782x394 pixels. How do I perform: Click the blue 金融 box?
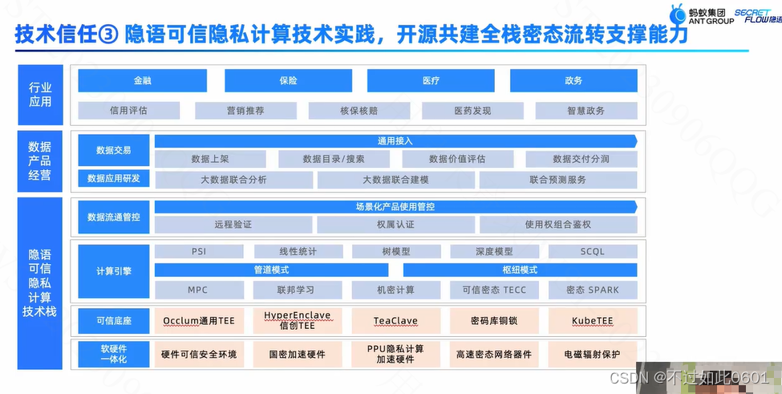(142, 81)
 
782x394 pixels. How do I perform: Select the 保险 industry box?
(288, 81)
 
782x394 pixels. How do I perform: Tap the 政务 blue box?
(573, 81)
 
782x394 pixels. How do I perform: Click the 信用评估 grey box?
(128, 111)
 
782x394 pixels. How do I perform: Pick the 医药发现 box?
(472, 111)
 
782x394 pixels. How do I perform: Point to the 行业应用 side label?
(40, 95)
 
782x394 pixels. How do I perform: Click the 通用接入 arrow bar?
(395, 140)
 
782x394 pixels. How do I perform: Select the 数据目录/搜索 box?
(334, 159)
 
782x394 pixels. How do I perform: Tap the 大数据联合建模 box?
(395, 180)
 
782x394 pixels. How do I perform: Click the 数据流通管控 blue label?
(113, 217)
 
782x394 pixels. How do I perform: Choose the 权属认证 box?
(395, 225)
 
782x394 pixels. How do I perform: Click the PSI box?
(199, 252)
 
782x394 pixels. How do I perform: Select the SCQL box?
(593, 252)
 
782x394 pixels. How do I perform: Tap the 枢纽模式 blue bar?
(520, 270)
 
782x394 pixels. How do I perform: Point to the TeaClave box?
(395, 321)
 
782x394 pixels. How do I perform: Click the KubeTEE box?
(593, 321)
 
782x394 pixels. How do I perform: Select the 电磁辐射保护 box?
(593, 354)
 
